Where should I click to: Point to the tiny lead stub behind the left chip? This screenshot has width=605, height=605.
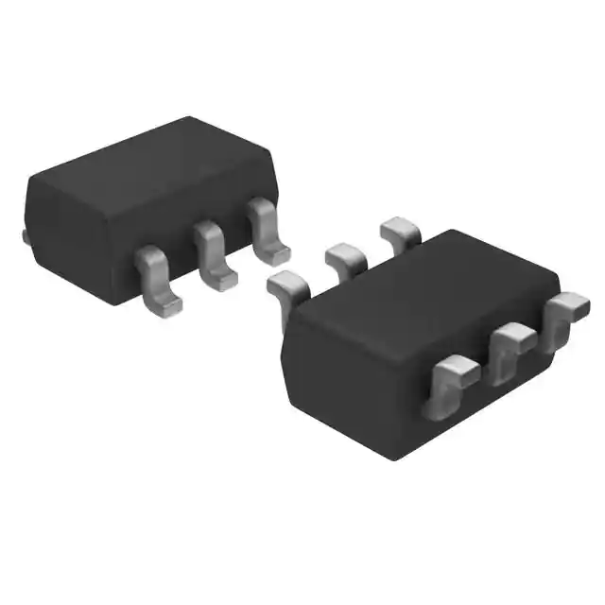(x=26, y=235)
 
